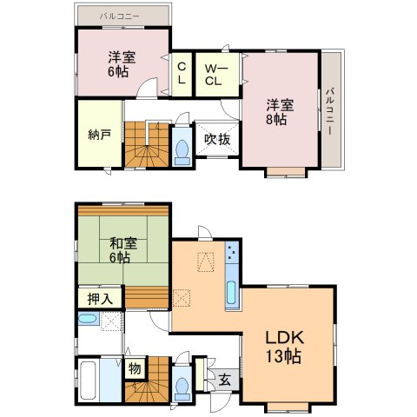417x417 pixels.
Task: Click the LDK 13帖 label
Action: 285,347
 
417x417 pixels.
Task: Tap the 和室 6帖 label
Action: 122,250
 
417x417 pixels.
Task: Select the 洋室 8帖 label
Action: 280,112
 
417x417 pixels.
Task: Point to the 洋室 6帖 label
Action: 122,64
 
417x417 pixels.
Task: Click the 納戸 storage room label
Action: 100,135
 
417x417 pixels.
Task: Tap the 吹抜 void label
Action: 217,140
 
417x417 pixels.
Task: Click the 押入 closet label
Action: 100,299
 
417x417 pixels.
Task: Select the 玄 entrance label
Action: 224,380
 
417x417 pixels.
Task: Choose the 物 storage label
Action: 135,368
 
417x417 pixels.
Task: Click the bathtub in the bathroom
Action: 88,381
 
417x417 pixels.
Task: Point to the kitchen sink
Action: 231,293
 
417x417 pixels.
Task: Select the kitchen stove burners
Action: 232,253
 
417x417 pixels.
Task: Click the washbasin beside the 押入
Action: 88,319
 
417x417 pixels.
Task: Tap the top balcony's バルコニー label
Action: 120,17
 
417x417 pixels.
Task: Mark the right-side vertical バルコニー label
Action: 329,111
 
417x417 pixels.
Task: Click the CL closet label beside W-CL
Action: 182,74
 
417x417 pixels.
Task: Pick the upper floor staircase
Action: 147,144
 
